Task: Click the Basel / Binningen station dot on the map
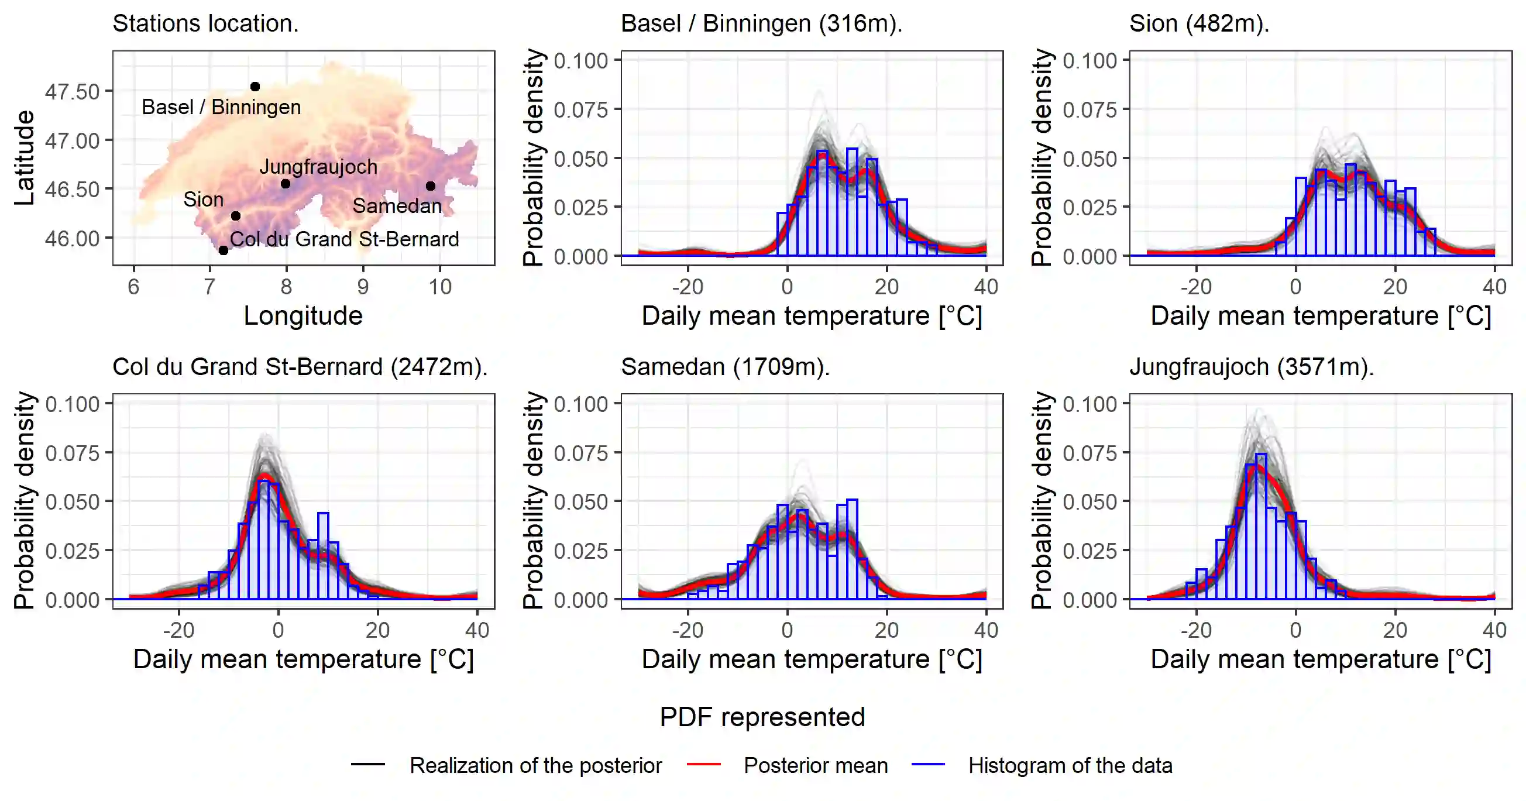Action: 255,87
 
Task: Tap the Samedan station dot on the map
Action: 431,186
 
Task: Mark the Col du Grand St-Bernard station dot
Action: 224,250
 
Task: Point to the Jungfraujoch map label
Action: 318,167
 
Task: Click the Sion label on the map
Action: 203,200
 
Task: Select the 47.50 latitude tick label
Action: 73,92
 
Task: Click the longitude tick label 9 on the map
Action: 363,287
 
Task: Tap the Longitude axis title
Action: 303,316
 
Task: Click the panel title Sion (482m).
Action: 1199,24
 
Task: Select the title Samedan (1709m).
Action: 725,367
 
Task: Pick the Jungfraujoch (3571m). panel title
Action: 1251,367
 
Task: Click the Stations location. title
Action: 205,24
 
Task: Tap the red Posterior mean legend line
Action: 704,765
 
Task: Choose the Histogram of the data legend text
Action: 1070,765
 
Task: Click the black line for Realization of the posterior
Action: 368,765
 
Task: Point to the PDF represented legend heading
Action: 762,717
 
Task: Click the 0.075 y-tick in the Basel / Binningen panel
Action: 581,109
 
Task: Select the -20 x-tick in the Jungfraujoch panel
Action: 1196,630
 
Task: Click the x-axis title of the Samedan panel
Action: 812,659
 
